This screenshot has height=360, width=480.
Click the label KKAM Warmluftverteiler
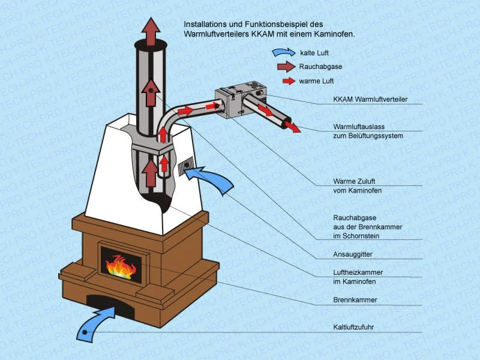pyautogui.click(x=370, y=99)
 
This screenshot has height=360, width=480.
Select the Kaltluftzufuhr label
pyautogui.click(x=353, y=327)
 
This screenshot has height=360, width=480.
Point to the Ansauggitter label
pyautogui.click(x=353, y=254)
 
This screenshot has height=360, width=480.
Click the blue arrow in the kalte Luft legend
pyautogui.click(x=284, y=53)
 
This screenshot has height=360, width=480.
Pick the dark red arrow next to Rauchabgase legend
pyautogui.click(x=286, y=67)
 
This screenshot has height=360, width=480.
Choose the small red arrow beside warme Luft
pyautogui.click(x=289, y=81)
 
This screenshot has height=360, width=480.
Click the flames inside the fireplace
pyautogui.click(x=121, y=267)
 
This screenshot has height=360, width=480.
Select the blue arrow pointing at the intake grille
pyautogui.click(x=211, y=179)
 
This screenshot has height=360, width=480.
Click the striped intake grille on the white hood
pyautogui.click(x=186, y=166)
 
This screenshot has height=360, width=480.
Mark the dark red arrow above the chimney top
pyautogui.click(x=151, y=32)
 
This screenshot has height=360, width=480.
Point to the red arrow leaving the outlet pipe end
pyautogui.click(x=293, y=127)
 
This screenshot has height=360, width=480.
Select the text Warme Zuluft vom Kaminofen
pyautogui.click(x=357, y=186)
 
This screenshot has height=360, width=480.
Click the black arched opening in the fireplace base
pyautogui.click(x=110, y=304)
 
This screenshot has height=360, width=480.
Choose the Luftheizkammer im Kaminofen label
pyautogui.click(x=358, y=277)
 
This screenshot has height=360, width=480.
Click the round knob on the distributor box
pyautogui.click(x=260, y=92)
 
